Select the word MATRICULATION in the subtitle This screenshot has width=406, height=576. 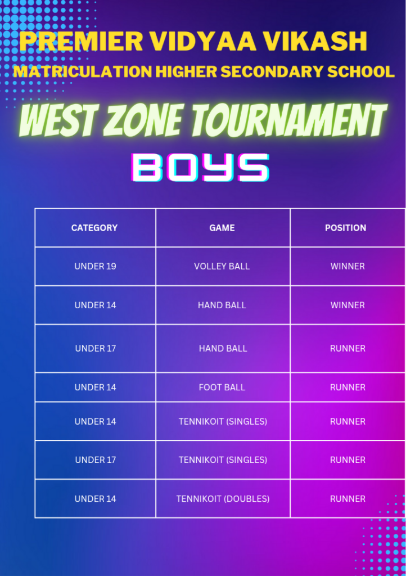82,72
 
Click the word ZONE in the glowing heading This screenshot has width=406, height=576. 140,121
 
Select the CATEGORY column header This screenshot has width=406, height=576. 94,228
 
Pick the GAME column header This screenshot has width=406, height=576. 222,228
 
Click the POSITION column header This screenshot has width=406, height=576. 345,228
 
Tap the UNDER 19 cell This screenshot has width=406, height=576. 95,266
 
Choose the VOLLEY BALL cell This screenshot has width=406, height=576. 222,266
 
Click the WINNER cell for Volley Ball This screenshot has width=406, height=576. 348,266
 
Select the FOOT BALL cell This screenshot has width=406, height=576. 222,387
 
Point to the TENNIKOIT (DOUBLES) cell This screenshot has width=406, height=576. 223,498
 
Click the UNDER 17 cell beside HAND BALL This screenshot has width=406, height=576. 95,348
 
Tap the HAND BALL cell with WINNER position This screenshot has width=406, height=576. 222,305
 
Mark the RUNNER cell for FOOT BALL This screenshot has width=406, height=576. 348,387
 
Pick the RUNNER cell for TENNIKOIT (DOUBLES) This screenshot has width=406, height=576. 348,498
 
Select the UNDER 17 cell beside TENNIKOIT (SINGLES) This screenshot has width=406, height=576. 95,460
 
